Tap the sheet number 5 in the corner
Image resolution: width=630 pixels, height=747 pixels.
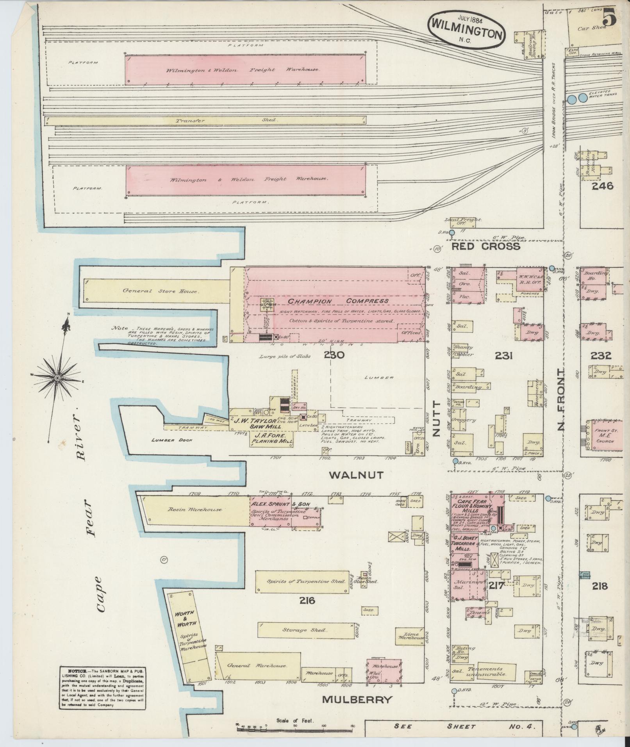tap(609, 18)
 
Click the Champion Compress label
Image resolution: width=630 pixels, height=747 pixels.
tap(338, 301)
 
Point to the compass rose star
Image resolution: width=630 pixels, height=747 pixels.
tap(57, 378)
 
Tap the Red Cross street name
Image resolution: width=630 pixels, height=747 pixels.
tap(486, 246)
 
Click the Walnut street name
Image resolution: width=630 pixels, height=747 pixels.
tap(357, 475)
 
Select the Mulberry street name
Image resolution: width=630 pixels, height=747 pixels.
tap(356, 699)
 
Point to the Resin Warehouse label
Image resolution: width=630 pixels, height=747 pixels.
tap(195, 510)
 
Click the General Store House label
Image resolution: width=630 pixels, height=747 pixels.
tap(161, 291)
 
